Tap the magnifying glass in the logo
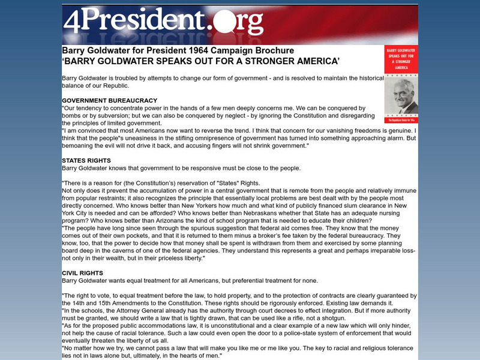(226, 23)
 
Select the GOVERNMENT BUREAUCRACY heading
(109, 100)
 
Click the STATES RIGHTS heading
(86, 160)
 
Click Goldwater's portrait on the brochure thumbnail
(401, 96)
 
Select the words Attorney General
(143, 311)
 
